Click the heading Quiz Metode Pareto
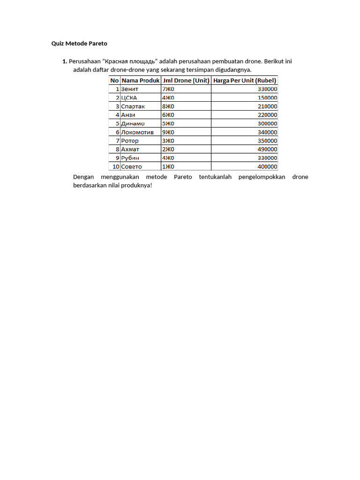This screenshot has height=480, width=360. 79,44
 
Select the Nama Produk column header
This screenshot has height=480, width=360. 141,80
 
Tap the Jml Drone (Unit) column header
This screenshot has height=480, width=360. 186,80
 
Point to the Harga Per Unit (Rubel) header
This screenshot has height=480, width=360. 245,80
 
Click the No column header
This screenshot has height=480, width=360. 114,80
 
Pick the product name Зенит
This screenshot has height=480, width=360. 130,89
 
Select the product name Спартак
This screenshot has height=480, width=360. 133,106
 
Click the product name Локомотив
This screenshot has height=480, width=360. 137,132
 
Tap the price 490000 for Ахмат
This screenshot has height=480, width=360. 267,150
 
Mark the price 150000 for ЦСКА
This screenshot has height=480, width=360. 267,98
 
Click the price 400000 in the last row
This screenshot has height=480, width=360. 267,167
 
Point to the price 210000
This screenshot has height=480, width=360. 267,106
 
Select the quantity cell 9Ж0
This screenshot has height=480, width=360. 168,132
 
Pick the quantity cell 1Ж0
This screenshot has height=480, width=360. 168,167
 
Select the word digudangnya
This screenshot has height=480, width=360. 231,70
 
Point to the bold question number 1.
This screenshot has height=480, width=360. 64,61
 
